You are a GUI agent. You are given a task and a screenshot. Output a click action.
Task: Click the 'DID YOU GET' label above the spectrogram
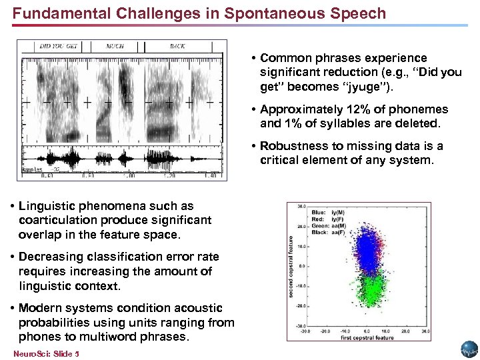pos(59,47)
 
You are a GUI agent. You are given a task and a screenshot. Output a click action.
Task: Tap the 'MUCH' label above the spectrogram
pos(115,47)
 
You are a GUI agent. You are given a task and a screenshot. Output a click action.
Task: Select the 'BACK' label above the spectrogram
pos(177,47)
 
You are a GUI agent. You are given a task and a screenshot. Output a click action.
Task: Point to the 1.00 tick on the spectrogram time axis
pos(129,176)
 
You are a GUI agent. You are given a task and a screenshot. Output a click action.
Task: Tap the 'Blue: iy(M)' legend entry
pos(327,213)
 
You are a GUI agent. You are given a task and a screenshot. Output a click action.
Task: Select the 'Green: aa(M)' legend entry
pos(328,225)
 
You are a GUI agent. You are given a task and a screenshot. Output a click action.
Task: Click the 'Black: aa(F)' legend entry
pos(327,232)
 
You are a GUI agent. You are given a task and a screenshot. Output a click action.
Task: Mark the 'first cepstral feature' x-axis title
pos(367,339)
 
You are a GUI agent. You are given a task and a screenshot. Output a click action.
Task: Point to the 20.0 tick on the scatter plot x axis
pos(405,331)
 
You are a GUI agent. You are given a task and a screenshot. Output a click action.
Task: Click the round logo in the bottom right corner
pos(469,349)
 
